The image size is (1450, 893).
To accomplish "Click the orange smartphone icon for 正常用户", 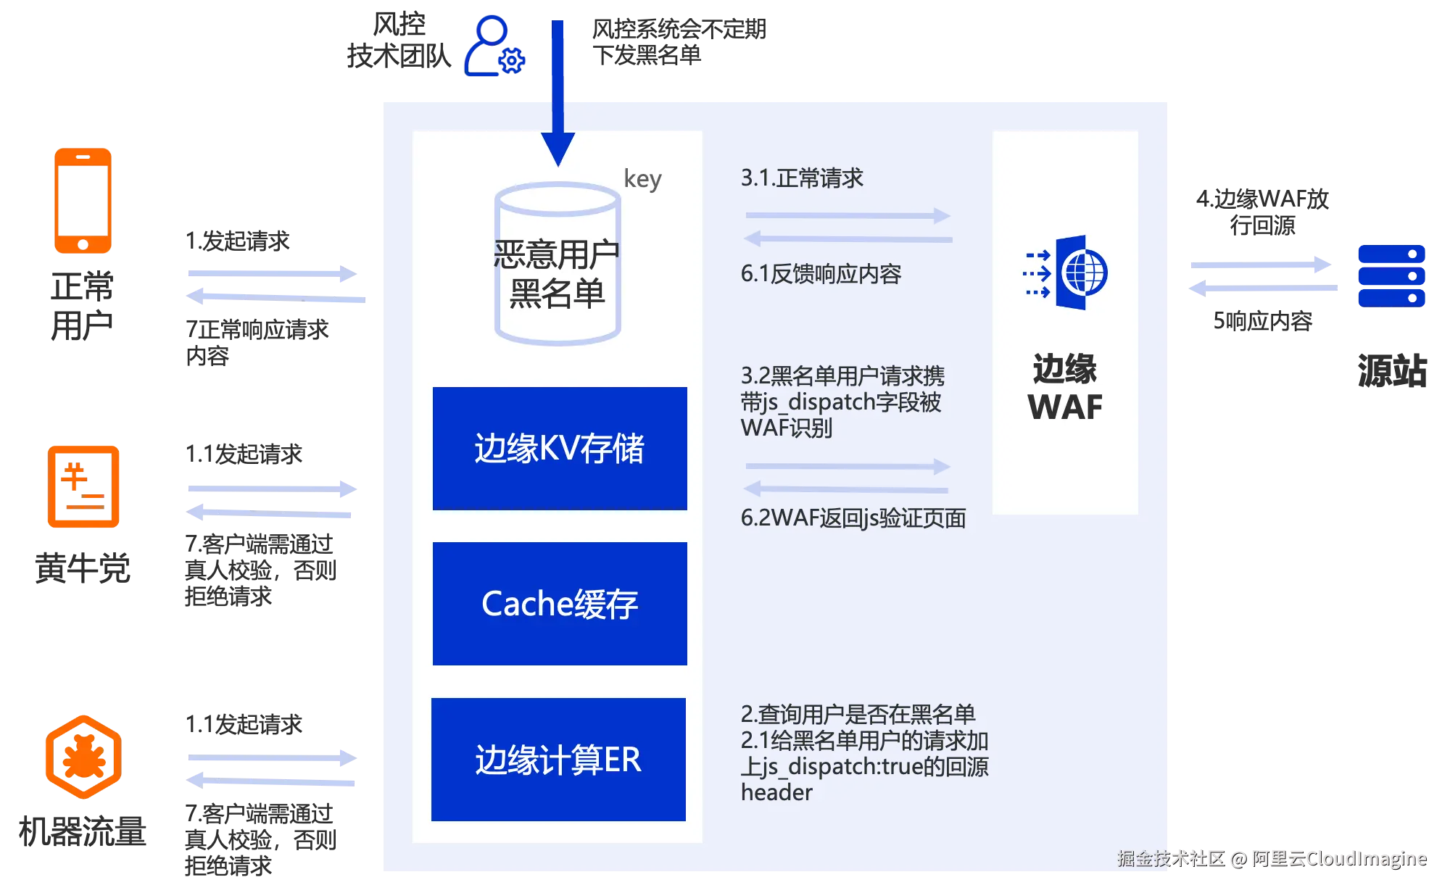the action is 83,201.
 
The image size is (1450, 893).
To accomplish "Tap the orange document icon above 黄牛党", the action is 83,486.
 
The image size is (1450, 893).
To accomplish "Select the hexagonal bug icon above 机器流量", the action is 83,757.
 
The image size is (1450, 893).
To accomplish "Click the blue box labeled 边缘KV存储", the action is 560,449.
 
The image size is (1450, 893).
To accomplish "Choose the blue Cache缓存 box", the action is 560,604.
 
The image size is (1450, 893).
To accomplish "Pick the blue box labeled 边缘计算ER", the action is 558,760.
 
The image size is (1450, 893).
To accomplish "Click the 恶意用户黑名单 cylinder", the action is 558,264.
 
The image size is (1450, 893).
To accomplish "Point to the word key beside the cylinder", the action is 643,178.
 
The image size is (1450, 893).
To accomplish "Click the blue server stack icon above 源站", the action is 1392,275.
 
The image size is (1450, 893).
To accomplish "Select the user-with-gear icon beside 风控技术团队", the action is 494,46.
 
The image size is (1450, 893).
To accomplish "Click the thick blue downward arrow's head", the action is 558,149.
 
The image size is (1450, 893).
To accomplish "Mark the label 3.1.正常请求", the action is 802,178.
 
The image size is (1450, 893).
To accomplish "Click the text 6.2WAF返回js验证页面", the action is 853,518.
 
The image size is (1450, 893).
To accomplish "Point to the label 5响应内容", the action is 1263,321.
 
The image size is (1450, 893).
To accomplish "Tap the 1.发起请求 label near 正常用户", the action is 238,241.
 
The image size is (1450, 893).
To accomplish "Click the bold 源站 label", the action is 1392,371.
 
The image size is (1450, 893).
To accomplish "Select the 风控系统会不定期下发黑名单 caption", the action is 679,42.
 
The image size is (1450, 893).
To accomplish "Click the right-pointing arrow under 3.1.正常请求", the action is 848,215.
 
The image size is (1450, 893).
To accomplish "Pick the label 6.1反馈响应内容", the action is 821,274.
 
